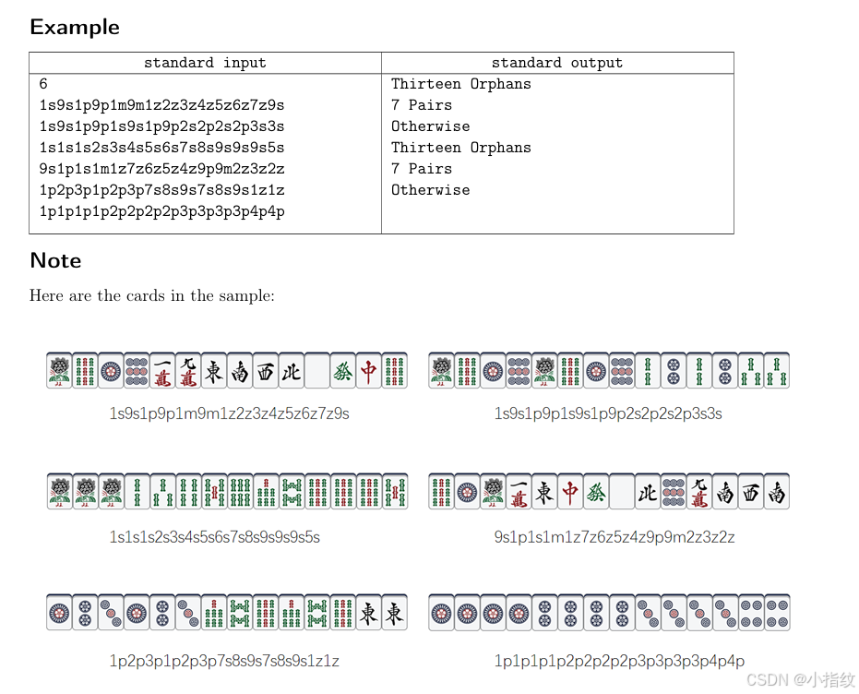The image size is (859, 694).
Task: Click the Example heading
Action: click(x=75, y=27)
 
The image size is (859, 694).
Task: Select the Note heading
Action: click(x=55, y=260)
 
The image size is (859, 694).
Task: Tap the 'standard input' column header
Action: click(x=205, y=63)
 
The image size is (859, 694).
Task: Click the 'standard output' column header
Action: click(x=556, y=63)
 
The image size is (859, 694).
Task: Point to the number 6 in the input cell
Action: click(x=43, y=84)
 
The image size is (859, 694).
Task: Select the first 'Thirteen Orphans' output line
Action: click(x=460, y=84)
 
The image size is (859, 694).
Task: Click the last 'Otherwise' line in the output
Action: click(x=430, y=190)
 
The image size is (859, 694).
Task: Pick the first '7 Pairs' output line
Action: click(x=421, y=105)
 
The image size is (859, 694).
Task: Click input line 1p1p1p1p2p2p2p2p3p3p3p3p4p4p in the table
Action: click(x=161, y=211)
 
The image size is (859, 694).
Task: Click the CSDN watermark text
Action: click(x=800, y=679)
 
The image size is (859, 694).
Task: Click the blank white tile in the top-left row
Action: click(x=317, y=370)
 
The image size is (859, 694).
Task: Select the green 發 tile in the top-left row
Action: click(x=343, y=370)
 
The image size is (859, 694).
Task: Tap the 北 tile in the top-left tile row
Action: click(x=292, y=370)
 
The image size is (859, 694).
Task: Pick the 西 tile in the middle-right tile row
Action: click(x=751, y=492)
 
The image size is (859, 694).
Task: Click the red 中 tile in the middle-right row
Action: click(x=570, y=492)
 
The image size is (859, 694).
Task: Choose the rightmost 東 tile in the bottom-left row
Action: click(x=395, y=613)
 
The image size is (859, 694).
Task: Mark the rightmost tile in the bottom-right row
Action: click(x=777, y=613)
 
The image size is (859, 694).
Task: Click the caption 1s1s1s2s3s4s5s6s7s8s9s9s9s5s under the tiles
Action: click(x=215, y=537)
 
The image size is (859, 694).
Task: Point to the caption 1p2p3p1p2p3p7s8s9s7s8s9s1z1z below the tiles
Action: click(x=224, y=661)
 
